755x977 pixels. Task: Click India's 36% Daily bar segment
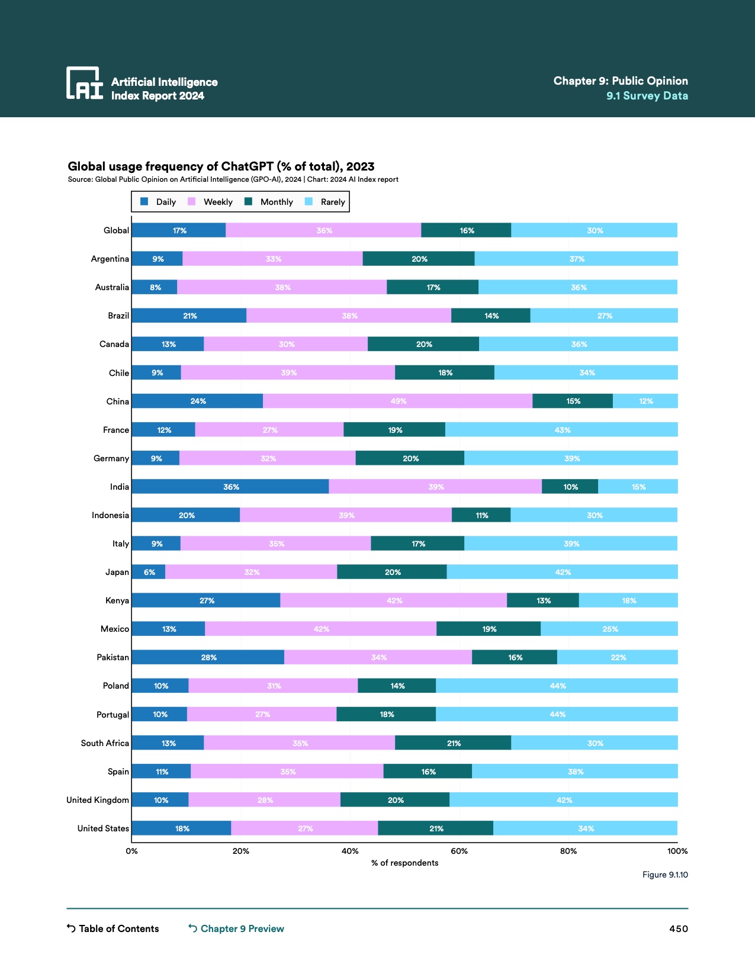[x=230, y=487]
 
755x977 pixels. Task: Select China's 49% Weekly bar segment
[x=397, y=401]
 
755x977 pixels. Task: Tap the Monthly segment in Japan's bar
[x=391, y=572]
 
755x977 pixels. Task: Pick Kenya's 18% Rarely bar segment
[x=628, y=600]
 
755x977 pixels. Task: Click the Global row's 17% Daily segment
[x=178, y=230]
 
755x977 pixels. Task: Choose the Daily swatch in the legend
[x=144, y=202]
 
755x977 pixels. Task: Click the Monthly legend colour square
[x=249, y=202]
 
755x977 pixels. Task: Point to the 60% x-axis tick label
[x=459, y=851]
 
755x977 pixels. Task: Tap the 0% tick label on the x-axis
[x=131, y=851]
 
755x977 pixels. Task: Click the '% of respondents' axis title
[x=404, y=863]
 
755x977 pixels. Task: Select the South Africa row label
[x=105, y=743]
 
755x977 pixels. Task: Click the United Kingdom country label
[x=98, y=800]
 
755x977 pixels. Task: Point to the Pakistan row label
[x=113, y=657]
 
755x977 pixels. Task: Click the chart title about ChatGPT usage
[x=221, y=166]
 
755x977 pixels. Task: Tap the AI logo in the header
[x=84, y=83]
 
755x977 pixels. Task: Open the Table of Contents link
[x=113, y=928]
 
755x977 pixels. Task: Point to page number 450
[x=678, y=928]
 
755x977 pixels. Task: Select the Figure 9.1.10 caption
[x=665, y=875]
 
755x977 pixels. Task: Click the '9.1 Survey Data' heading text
[x=647, y=96]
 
